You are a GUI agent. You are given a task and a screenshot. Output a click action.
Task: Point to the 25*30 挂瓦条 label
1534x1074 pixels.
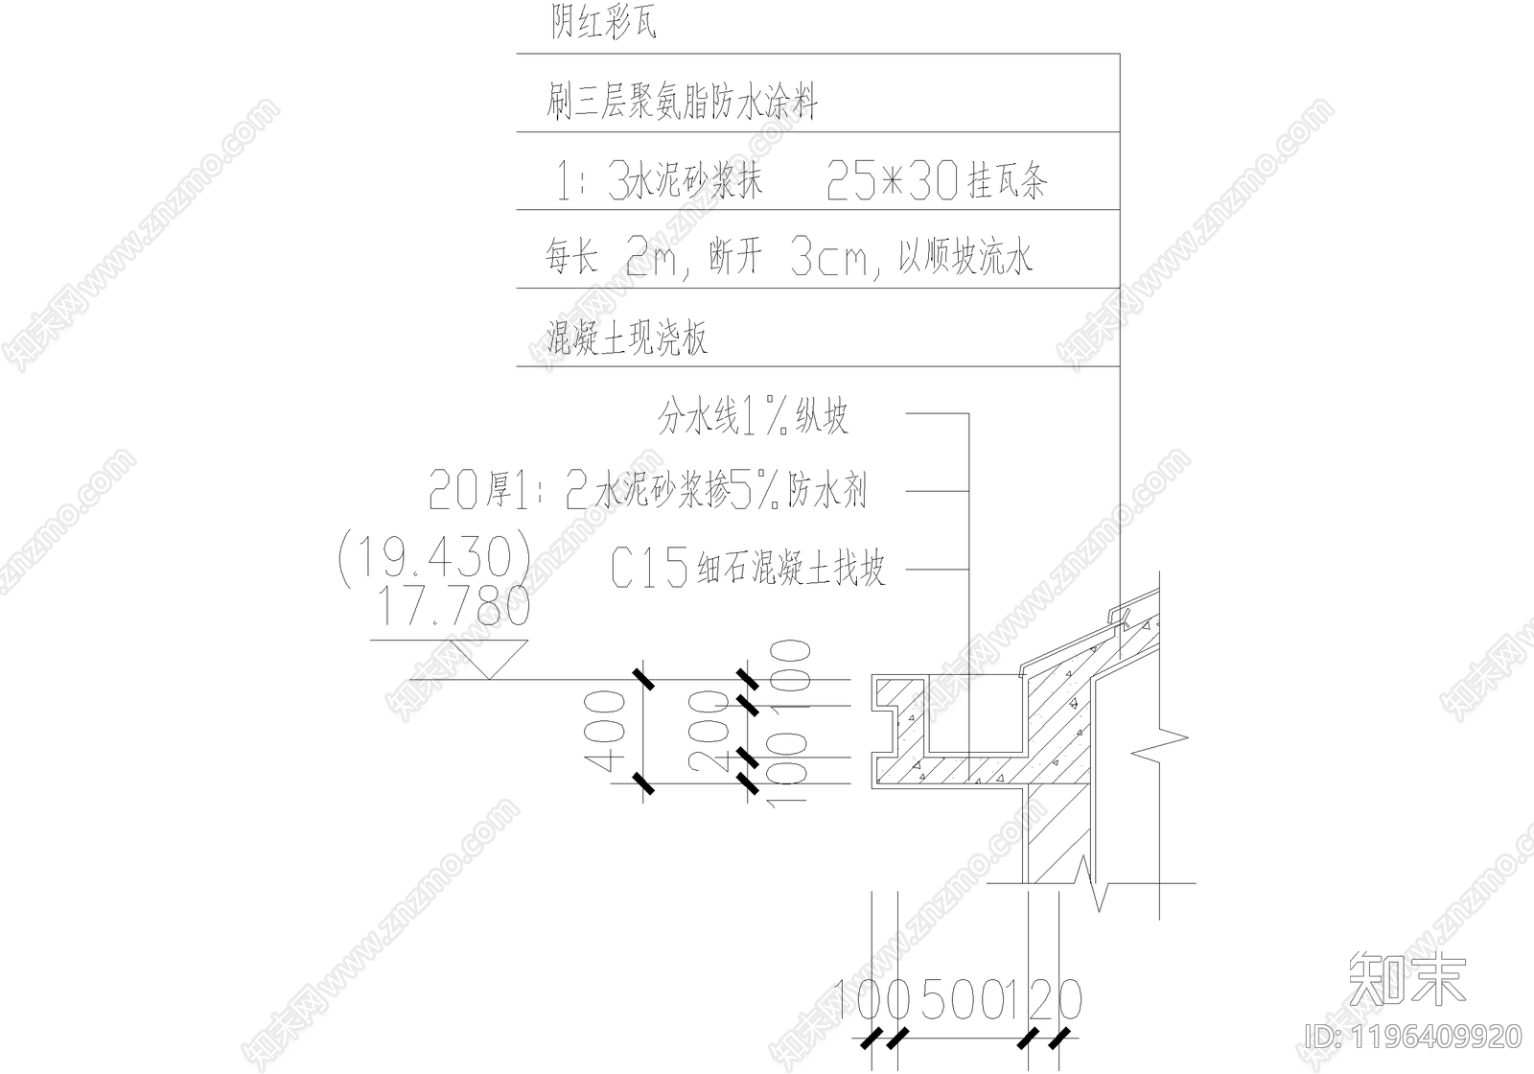pyautogui.click(x=936, y=180)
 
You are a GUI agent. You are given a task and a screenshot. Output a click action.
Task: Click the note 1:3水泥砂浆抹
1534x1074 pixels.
pyautogui.click(x=660, y=180)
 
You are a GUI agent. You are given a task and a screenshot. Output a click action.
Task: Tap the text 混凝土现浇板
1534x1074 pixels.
pyautogui.click(x=627, y=338)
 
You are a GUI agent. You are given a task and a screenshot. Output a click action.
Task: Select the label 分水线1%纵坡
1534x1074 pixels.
pyautogui.click(x=753, y=416)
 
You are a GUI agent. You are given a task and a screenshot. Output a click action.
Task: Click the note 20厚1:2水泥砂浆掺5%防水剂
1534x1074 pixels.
pyautogui.click(x=647, y=492)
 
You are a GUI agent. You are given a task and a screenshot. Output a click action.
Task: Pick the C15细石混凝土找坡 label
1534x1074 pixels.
pyautogui.click(x=747, y=569)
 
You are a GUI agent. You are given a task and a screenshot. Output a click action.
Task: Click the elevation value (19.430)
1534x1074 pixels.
pyautogui.click(x=435, y=557)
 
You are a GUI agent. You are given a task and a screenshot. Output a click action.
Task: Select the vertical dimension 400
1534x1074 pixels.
pyautogui.click(x=603, y=733)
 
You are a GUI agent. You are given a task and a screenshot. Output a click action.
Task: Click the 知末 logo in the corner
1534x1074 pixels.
pyautogui.click(x=1406, y=980)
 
